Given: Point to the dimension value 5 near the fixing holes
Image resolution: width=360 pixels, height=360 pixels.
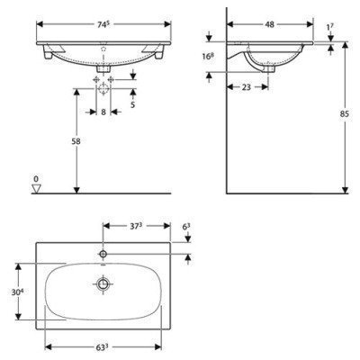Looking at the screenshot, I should click(134, 103).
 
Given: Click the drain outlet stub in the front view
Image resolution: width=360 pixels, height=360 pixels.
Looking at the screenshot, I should click(103, 65).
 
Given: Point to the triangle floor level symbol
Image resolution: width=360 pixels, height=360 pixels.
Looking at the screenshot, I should click(37, 189).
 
